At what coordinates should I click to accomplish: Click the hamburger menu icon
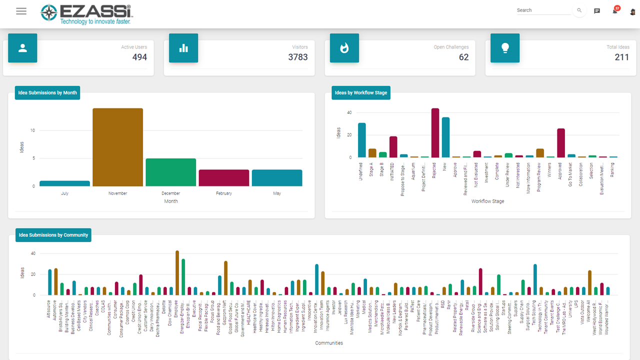tap(21, 11)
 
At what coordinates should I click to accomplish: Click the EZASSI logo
tap(85, 14)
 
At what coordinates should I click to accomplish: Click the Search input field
tap(543, 10)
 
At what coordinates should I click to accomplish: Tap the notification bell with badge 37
tap(615, 11)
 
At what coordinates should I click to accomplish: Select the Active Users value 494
tap(139, 57)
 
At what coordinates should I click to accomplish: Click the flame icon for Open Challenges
tap(344, 48)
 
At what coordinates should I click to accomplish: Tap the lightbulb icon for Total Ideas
tap(505, 48)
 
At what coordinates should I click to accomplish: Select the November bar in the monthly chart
tap(117, 147)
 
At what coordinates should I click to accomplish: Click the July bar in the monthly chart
tap(64, 183)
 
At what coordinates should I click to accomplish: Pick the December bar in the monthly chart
tap(170, 172)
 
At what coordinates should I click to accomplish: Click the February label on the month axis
tap(223, 193)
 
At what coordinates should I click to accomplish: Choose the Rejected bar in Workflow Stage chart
tap(435, 133)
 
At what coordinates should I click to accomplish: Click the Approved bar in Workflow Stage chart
tap(561, 143)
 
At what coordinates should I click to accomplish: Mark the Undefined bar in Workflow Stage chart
tap(361, 140)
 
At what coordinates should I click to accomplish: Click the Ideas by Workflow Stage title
tap(361, 92)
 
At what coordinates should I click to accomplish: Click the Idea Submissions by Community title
tap(53, 235)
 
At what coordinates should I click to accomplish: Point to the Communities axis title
tap(328, 343)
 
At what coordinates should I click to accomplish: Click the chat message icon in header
tap(597, 11)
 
